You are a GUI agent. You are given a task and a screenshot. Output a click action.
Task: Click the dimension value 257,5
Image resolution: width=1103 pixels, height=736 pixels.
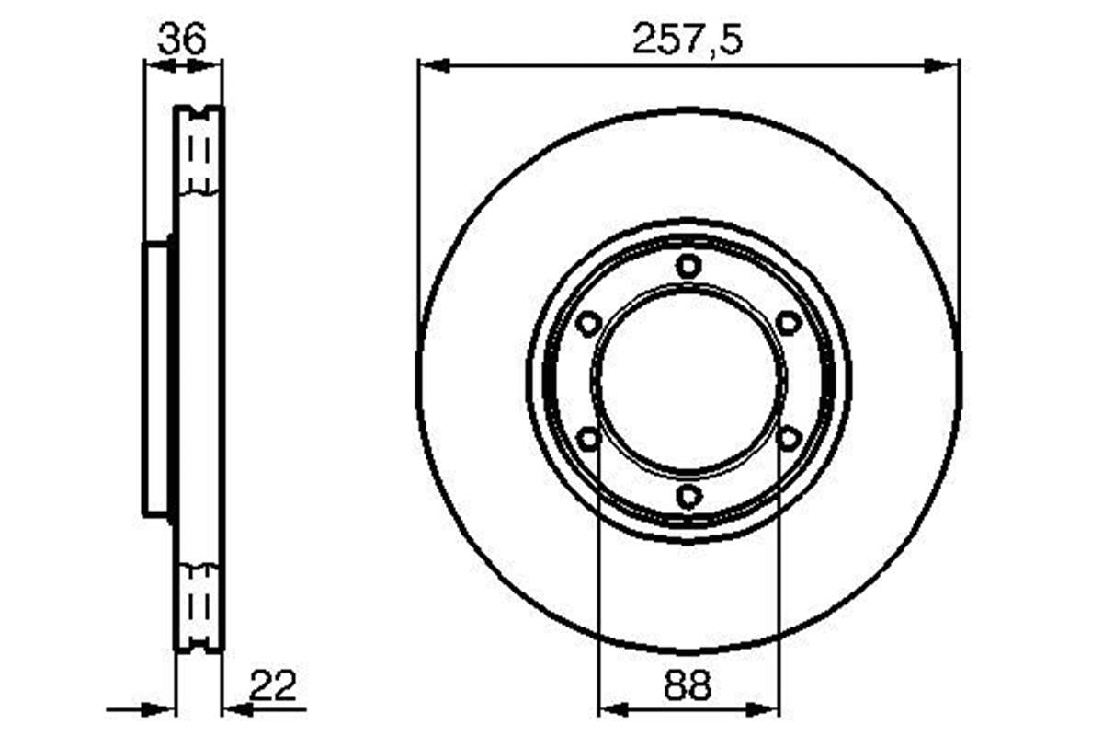click(x=687, y=40)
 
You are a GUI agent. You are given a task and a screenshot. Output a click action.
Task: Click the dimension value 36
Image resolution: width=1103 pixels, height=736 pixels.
click(x=183, y=40)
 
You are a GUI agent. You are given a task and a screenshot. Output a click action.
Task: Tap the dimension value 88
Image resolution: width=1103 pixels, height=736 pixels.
click(x=688, y=685)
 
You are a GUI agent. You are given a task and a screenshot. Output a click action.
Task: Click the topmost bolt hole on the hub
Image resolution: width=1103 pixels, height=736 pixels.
click(x=688, y=267)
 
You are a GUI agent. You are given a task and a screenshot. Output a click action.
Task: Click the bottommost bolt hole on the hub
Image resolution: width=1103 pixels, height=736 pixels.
click(x=688, y=497)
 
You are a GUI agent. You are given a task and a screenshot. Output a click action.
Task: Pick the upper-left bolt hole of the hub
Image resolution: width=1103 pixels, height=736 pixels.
click(x=588, y=323)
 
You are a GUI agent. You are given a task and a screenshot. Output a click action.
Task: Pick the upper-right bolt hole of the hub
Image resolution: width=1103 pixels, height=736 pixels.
click(x=789, y=323)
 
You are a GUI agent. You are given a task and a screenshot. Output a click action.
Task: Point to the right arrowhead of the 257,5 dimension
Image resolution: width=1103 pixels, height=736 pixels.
click(x=943, y=66)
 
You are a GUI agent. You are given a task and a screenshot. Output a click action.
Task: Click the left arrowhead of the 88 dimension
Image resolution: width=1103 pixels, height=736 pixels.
click(x=613, y=709)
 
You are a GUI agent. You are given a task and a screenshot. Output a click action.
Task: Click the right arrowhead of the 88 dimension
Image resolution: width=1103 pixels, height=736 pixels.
click(x=764, y=709)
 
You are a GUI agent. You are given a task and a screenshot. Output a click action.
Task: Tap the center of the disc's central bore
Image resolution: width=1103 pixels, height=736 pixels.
click(x=688, y=381)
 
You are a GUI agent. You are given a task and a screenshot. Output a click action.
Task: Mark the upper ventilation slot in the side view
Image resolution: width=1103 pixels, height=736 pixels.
click(x=199, y=150)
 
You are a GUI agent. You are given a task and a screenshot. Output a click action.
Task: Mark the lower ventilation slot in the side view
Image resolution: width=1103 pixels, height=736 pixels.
click(x=199, y=607)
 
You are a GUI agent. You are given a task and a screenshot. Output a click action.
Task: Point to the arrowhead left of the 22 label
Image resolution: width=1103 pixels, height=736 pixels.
click(x=238, y=709)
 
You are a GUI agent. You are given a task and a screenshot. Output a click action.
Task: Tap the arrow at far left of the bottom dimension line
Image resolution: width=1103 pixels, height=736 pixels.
click(x=160, y=709)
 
